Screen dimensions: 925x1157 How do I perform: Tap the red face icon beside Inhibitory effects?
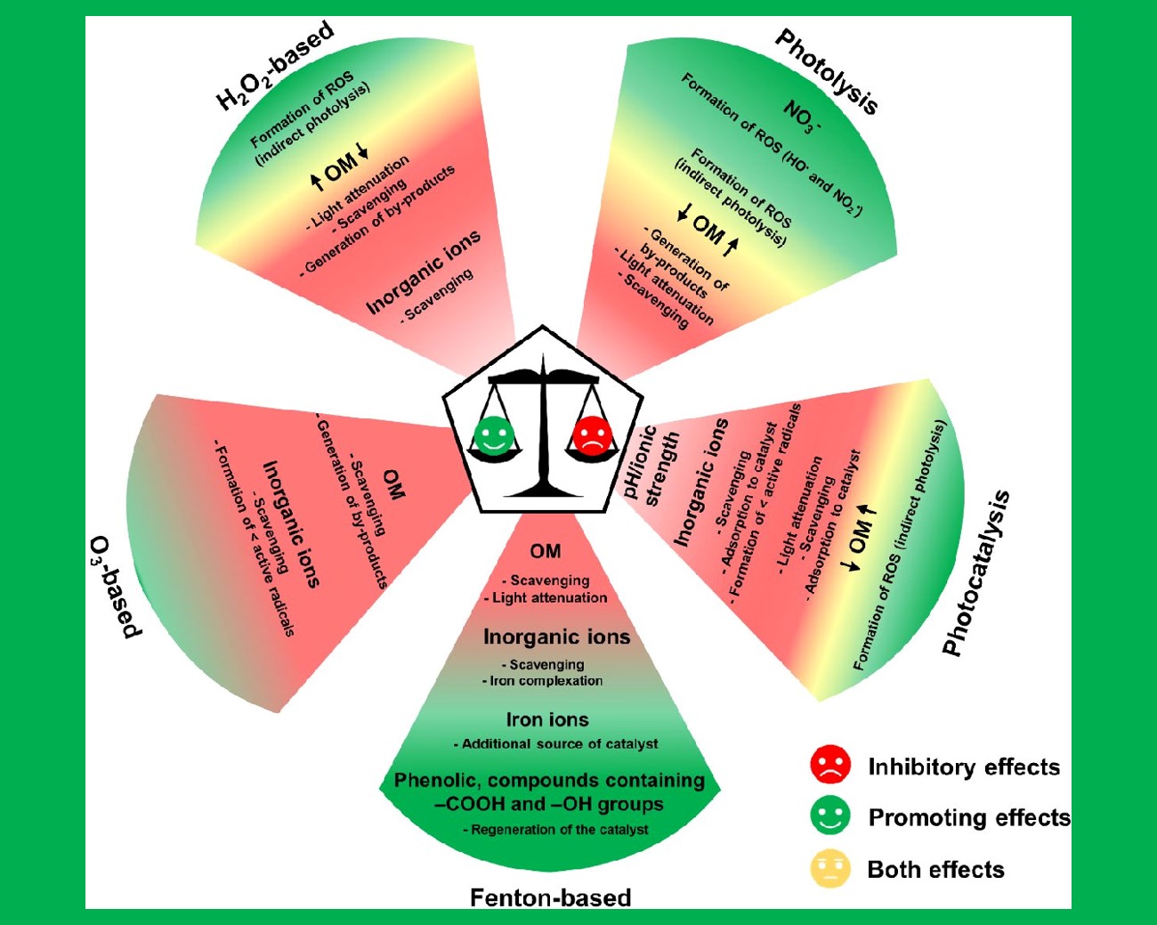830,765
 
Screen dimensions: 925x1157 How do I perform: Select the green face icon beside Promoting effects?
830,815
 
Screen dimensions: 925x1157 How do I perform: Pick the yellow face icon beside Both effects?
830,868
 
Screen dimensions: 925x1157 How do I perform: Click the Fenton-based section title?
550,897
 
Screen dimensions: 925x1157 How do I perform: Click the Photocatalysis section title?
976,572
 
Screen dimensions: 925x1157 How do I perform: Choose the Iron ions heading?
547,719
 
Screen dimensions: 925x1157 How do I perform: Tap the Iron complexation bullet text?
546,681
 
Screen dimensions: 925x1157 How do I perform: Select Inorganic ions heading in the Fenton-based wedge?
556,637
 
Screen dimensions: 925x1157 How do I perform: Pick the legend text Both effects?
935,870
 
